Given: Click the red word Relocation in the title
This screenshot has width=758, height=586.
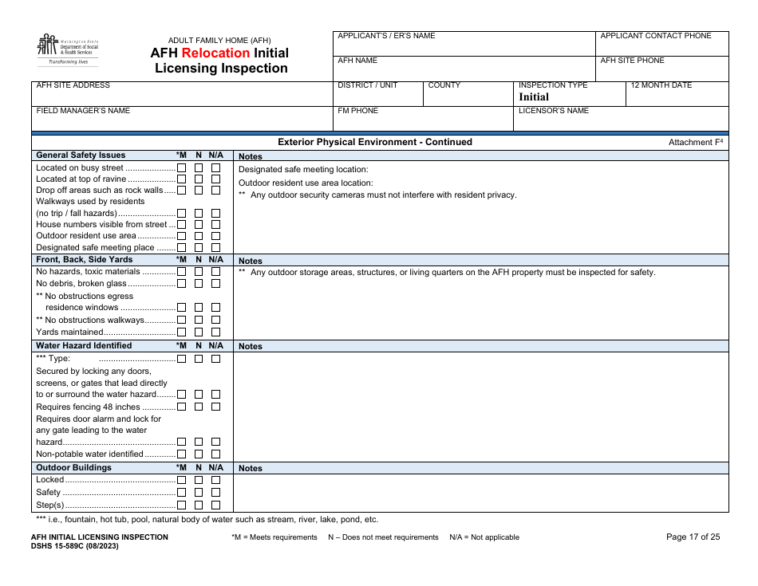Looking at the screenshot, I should [215, 53].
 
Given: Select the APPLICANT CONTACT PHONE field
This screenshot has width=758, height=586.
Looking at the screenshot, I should [661, 44].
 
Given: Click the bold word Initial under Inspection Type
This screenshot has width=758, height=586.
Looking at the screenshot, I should [534, 97].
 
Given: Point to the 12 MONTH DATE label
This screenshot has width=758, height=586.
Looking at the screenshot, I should [661, 85].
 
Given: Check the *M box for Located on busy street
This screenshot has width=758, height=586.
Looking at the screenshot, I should [181, 168].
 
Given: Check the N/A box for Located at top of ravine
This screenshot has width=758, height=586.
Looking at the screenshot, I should [215, 179].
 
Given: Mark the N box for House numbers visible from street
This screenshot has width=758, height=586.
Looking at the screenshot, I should [199, 225].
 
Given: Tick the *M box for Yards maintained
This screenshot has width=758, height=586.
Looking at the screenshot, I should [181, 332].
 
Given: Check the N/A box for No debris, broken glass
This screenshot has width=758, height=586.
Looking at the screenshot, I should [215, 284].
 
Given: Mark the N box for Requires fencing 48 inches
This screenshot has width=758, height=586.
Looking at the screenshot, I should [199, 407].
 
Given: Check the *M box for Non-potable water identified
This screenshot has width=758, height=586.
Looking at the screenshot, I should [181, 454].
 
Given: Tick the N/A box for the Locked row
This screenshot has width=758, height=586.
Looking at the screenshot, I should [215, 480].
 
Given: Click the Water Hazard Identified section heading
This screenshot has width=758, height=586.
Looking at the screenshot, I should [84, 346].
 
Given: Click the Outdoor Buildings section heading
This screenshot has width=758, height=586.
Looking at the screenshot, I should [73, 468].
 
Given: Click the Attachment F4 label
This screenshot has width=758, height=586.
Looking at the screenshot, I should [695, 142].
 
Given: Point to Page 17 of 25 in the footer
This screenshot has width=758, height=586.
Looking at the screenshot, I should [693, 537].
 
